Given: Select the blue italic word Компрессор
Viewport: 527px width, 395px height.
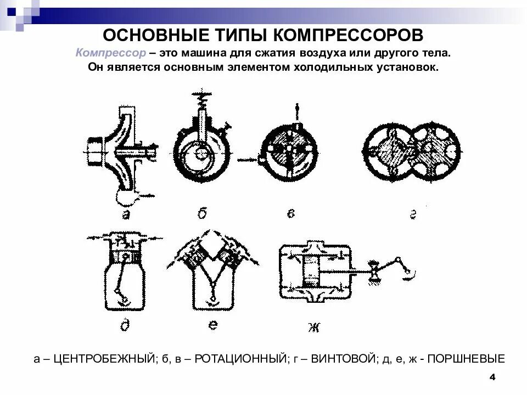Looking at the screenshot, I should [111, 54].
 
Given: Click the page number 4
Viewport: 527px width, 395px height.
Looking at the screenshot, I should [492, 377].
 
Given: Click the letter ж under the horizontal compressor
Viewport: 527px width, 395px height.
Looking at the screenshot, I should [314, 328].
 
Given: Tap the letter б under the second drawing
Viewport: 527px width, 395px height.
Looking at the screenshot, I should [201, 213].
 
